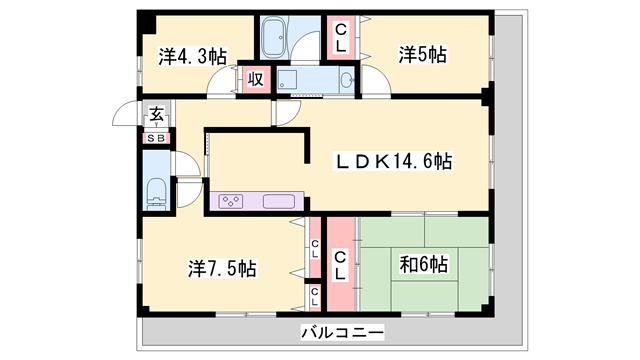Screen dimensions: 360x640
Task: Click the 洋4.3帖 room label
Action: (190, 56)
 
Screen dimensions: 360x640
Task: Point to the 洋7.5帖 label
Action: (223, 268)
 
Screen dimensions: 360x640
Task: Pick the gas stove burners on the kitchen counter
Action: (230, 201)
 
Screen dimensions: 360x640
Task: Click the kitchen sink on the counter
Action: (278, 201)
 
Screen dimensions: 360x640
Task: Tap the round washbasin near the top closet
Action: (347, 80)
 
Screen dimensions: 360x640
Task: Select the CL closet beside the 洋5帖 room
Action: (341, 37)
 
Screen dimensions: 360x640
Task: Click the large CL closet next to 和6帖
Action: (340, 264)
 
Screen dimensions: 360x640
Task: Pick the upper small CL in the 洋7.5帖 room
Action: (314, 248)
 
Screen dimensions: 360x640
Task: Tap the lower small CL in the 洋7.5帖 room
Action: (314, 295)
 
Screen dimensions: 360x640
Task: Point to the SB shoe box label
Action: (157, 138)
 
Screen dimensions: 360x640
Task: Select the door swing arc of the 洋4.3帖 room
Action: (221, 84)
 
